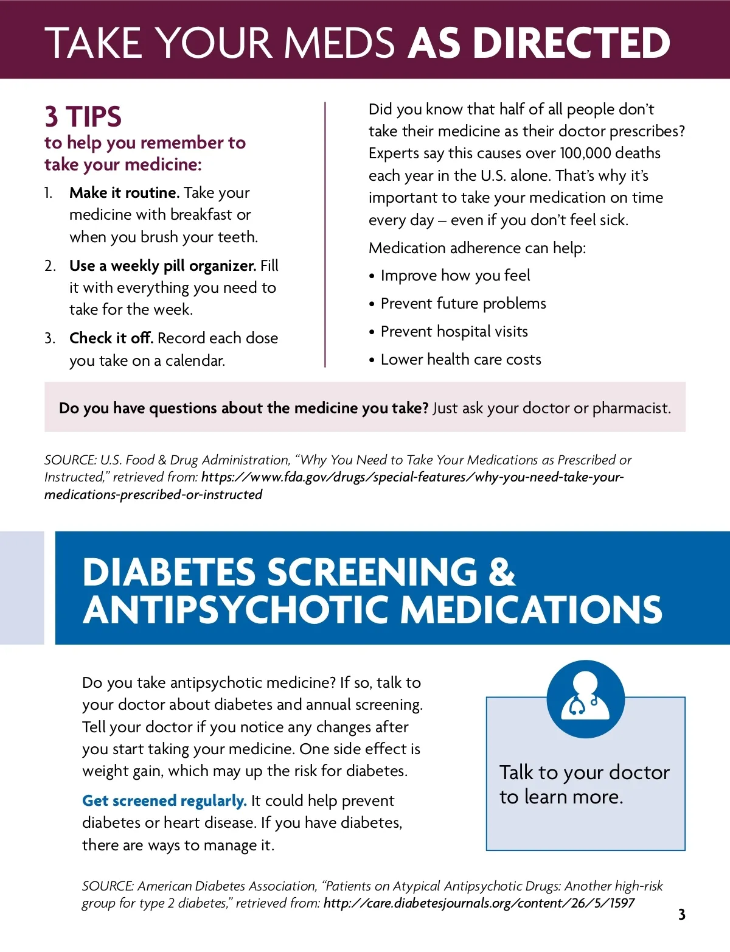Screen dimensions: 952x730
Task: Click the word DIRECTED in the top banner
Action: (x=571, y=43)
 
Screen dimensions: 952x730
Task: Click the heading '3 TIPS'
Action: (x=83, y=116)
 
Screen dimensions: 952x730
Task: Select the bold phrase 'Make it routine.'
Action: (x=124, y=193)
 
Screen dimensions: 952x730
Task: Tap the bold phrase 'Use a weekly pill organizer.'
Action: (x=162, y=266)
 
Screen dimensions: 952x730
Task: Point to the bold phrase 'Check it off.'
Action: (x=111, y=338)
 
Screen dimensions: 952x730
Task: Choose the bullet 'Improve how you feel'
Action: (x=455, y=276)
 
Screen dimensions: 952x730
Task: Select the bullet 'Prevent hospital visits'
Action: (x=454, y=332)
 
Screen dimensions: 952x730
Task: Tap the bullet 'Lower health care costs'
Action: (x=461, y=360)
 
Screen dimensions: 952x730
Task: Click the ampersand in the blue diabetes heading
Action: (x=501, y=572)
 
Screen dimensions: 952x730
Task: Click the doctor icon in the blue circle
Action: (x=585, y=698)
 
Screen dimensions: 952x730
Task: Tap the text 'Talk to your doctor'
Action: (x=584, y=772)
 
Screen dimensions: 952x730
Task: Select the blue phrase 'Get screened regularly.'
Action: (x=164, y=801)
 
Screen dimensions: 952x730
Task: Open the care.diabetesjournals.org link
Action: (x=479, y=903)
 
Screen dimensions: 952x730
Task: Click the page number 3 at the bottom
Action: (x=681, y=914)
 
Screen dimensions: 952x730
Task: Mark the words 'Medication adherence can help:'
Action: (x=477, y=248)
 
